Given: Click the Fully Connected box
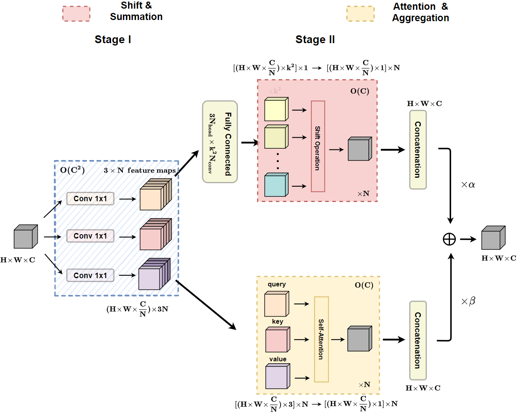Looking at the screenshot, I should click(220, 142).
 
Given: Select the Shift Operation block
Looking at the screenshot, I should click(318, 146).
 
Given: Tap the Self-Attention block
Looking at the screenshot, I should click(321, 339).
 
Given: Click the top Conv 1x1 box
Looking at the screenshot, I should click(90, 198).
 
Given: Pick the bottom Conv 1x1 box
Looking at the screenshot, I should click(90, 275).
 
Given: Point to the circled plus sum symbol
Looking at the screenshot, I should click(449, 239).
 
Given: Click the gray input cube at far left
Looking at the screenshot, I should click(26, 237).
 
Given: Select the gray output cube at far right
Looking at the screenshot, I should click(493, 238).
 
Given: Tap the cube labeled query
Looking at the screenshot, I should click(276, 304).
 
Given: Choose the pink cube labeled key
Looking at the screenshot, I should click(277, 340).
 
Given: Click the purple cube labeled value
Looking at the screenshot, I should click(277, 376).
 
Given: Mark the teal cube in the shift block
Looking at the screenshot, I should click(276, 185).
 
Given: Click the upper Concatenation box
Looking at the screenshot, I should click(418, 149).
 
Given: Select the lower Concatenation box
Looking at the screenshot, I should click(418, 340).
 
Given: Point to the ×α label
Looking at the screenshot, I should click(468, 185).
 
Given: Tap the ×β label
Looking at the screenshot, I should click(468, 301).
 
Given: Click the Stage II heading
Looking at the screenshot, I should click(315, 40).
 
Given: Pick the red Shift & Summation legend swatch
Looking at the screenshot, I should click(76, 14).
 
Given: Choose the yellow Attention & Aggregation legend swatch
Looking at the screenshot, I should click(360, 14).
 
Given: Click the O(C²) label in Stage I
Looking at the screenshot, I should click(72, 170).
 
